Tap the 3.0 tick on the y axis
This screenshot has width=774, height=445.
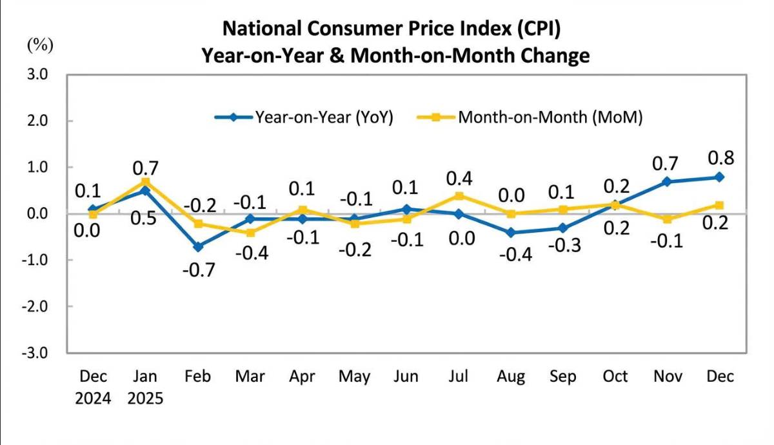(38, 74)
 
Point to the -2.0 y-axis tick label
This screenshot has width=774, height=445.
(36, 306)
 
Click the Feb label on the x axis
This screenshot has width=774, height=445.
(197, 377)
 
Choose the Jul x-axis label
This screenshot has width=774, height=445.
(458, 377)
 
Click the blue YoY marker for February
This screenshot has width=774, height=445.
(197, 246)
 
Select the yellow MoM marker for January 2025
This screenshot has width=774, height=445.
(145, 182)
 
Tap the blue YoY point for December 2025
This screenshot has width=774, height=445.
(720, 177)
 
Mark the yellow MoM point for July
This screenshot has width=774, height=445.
(458, 195)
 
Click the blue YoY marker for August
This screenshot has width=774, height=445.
(511, 232)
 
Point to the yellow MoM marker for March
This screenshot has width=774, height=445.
(250, 232)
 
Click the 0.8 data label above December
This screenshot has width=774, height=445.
(721, 158)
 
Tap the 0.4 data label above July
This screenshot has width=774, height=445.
(459, 177)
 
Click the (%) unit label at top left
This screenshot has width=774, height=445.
(40, 45)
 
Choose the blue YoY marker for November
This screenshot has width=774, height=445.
(667, 182)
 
